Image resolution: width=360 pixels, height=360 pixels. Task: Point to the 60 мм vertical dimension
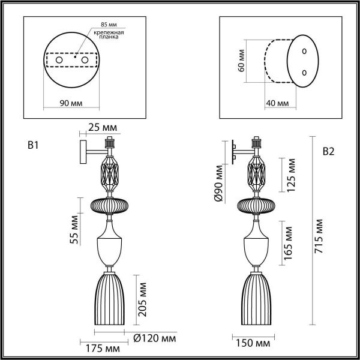[x=241, y=61]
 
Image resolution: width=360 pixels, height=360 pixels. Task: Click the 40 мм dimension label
[x=277, y=103]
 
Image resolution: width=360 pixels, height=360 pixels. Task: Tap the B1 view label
[x=34, y=145]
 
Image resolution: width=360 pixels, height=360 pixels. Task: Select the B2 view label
[x=328, y=151]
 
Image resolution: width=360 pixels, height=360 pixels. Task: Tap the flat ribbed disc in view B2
[x=256, y=206]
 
